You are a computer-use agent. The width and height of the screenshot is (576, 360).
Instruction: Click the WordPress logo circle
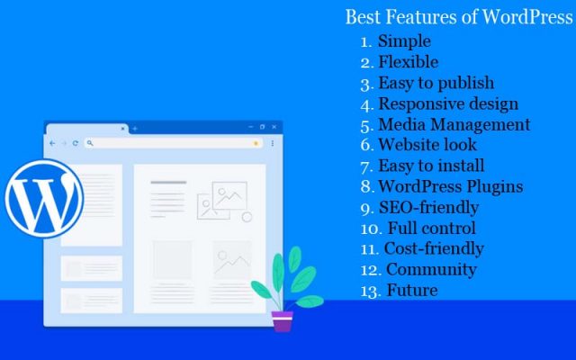[x=44, y=198]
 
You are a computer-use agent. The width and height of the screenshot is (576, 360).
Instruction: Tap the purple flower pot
[x=282, y=321]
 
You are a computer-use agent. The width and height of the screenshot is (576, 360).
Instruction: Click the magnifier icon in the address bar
[x=90, y=143]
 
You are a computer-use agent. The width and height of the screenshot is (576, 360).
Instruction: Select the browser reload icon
[x=76, y=143]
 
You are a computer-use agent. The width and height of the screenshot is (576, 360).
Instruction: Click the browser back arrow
[x=52, y=143]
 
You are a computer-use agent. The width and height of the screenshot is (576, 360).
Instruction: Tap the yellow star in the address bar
[x=256, y=143]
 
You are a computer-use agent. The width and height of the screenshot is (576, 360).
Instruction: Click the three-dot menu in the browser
[x=273, y=143]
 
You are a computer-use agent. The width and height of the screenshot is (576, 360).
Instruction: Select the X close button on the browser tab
[x=122, y=129]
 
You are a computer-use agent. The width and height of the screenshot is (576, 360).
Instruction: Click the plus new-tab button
[x=135, y=129]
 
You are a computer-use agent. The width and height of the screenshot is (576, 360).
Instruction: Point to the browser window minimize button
[x=251, y=127]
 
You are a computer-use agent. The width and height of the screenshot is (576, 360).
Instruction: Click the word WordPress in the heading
[x=527, y=17]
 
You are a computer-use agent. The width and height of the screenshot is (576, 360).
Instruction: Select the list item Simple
[x=404, y=40]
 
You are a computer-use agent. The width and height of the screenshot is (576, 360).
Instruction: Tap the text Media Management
[x=454, y=124]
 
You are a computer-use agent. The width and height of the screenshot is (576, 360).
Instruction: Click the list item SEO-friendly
[x=428, y=208]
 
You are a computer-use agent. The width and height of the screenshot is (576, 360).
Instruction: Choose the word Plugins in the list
[x=494, y=186]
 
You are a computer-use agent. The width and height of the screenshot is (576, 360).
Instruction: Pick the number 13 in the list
[x=369, y=292]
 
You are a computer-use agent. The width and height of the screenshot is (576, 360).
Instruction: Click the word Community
[x=432, y=269]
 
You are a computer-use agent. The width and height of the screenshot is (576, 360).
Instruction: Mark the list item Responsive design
[x=448, y=103]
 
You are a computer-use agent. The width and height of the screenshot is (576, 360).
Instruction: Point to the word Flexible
[x=409, y=62]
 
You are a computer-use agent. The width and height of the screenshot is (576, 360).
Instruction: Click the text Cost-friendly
[x=434, y=248]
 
